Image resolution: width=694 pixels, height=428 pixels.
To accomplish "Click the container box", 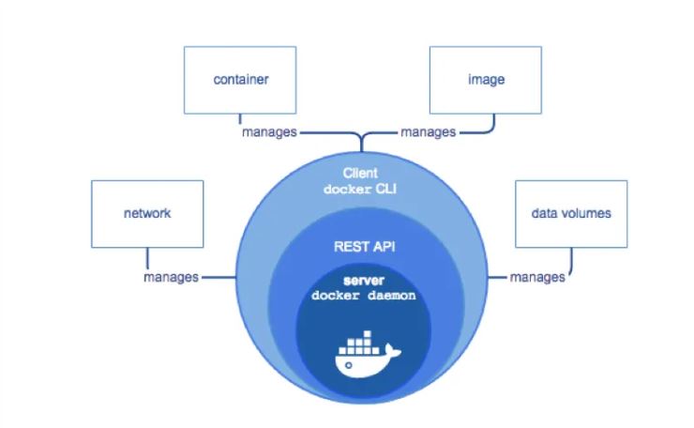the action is [x=240, y=80].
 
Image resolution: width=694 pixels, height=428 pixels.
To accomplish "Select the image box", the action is [x=486, y=80].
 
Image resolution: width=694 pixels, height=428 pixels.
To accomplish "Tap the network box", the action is [x=147, y=214].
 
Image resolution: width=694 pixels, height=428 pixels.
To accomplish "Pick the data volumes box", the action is [x=571, y=214].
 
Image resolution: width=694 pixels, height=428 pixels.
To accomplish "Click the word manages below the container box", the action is [x=269, y=132].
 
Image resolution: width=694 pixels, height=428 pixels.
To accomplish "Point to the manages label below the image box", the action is [x=428, y=132].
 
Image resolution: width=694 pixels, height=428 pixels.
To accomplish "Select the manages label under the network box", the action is [x=171, y=278].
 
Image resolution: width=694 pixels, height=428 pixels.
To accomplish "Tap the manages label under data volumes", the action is [x=537, y=278].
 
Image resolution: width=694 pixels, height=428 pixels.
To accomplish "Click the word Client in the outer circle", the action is [x=360, y=173].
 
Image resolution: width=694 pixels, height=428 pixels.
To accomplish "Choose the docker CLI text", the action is [x=360, y=190].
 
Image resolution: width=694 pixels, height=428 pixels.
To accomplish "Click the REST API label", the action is [x=364, y=246].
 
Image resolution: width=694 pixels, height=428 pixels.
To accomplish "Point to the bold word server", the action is [x=364, y=281].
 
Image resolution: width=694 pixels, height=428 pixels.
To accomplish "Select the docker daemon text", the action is [x=363, y=296].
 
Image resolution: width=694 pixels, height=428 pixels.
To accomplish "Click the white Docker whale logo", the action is [x=368, y=354].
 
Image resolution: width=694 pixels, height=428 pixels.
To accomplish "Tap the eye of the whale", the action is [x=348, y=365].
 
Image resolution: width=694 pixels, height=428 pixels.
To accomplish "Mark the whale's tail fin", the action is [x=392, y=351].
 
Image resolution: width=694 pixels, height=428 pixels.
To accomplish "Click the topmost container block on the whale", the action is [x=367, y=334].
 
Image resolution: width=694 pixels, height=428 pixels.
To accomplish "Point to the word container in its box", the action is [x=241, y=80].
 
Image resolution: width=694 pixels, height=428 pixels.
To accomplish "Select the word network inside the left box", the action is [x=147, y=214].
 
